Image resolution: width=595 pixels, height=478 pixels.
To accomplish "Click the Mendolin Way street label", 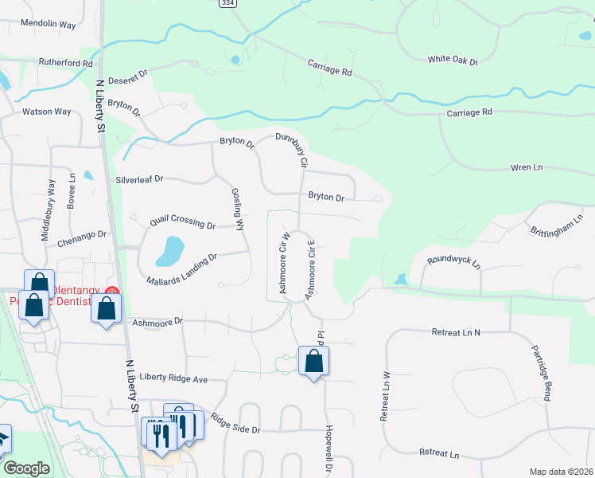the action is point(49,25).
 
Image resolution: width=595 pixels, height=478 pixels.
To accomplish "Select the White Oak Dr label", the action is point(452,61).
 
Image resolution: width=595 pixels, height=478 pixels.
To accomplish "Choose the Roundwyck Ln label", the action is point(454,261).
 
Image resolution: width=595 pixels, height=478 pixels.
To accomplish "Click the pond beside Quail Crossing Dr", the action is point(169,250).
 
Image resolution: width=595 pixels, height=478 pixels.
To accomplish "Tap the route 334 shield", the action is point(227,3).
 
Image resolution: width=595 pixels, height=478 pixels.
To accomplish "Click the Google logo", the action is point(26,468).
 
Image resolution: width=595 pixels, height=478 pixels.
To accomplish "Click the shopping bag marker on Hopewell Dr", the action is point(314,361).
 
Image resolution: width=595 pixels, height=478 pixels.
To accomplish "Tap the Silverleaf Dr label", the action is point(138,179).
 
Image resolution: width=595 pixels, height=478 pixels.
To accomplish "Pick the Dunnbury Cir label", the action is point(292,150).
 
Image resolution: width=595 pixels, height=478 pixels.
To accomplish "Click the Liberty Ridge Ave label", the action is point(173,378).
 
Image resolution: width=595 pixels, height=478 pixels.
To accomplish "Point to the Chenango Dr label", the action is point(81,234).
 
